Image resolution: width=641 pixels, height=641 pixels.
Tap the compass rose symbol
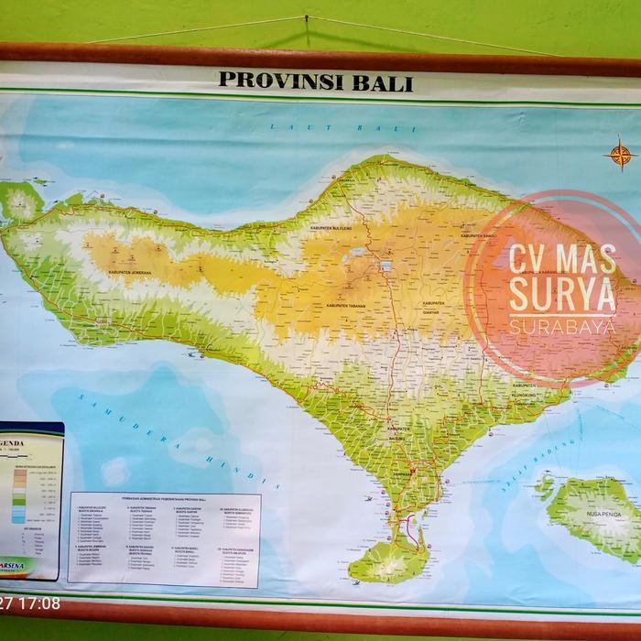620,154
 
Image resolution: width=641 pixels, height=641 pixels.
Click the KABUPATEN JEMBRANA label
129,272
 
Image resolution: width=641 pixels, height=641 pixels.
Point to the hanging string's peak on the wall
305,17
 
